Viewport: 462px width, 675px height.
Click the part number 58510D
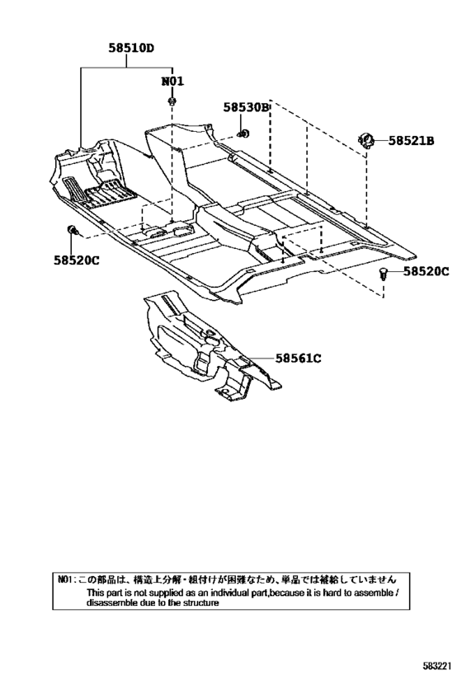tap(131, 48)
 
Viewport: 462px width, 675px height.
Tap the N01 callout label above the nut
tap(172, 81)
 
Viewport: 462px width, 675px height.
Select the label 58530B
tap(246, 108)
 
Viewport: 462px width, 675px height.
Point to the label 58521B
tap(412, 140)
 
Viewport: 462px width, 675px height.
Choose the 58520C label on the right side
tap(427, 271)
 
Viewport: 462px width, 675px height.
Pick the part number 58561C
tap(298, 359)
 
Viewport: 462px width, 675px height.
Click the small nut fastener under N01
tap(172, 101)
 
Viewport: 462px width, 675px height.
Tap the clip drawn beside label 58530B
tap(243, 133)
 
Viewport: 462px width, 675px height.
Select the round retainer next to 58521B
tap(366, 140)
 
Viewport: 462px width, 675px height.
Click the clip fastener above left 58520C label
tap(72, 230)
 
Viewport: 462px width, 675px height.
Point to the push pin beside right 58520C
tap(382, 273)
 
